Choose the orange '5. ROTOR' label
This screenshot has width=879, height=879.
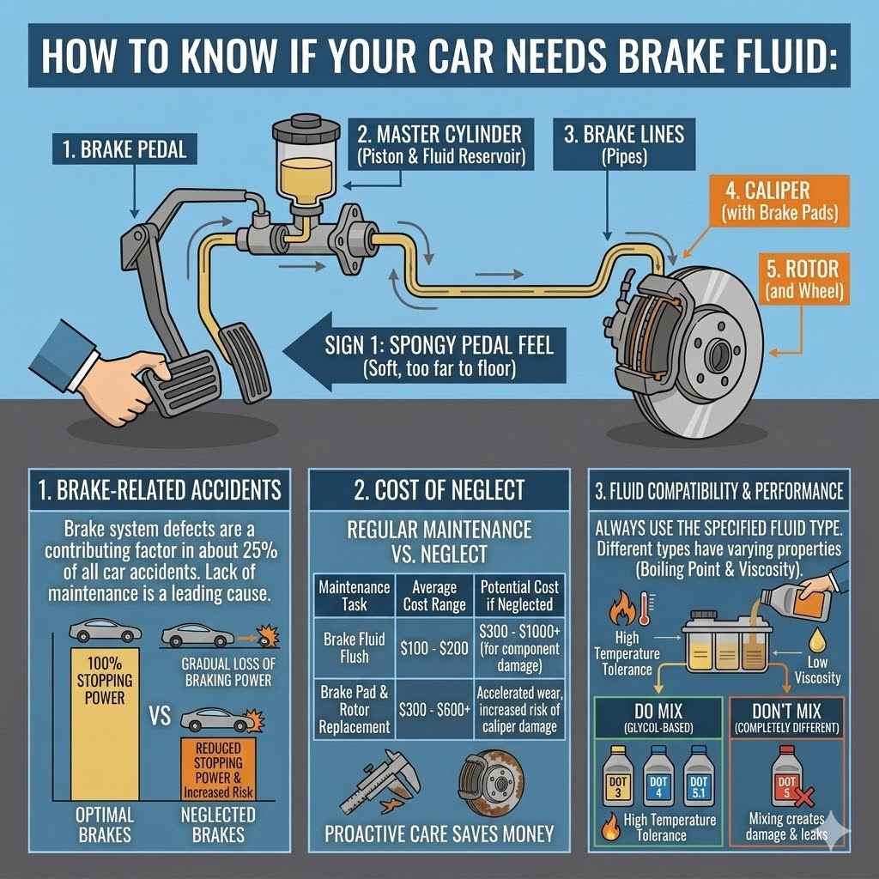click(802, 278)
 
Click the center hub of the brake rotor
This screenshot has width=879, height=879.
click(717, 352)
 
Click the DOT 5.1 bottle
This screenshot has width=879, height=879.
click(700, 776)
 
